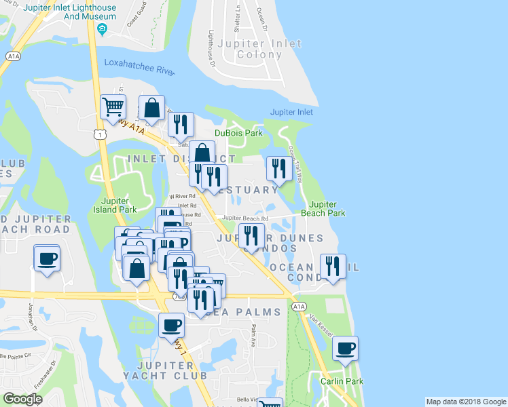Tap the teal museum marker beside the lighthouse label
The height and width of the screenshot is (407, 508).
click(102, 28)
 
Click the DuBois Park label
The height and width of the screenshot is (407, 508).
click(238, 133)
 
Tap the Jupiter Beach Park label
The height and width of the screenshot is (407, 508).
click(327, 208)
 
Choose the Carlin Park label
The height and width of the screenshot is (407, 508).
click(342, 381)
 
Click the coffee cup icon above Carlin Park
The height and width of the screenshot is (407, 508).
click(346, 349)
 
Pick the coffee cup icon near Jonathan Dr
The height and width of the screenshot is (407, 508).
click(47, 258)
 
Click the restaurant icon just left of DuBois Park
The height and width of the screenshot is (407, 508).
click(181, 125)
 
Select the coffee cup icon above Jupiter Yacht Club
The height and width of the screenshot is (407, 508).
click(172, 325)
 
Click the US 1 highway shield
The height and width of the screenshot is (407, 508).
click(100, 136)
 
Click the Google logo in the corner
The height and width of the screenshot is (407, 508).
click(22, 399)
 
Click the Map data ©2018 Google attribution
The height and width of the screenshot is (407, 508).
click(465, 402)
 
